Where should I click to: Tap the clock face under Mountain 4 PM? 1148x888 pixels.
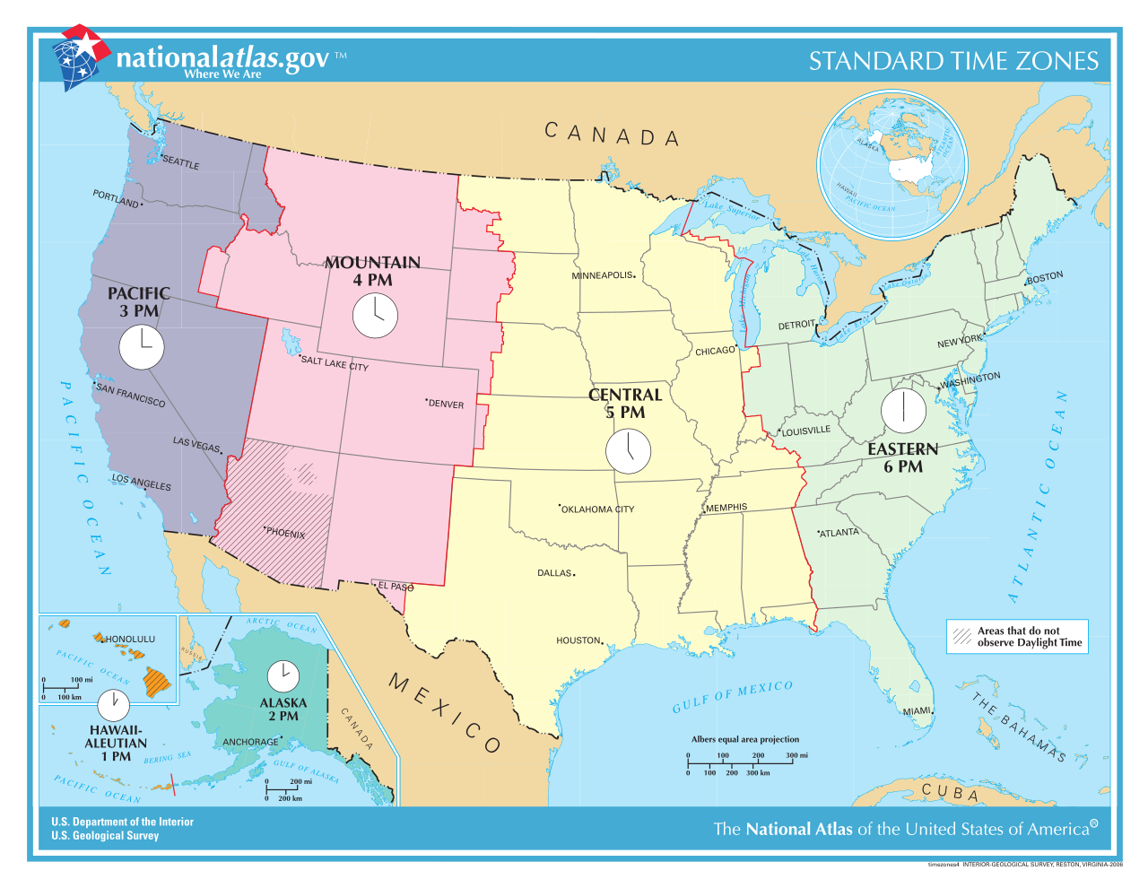374,315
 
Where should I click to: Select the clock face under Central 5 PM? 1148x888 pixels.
628,450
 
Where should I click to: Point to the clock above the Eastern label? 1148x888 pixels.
903,410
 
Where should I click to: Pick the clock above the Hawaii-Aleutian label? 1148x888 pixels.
114,705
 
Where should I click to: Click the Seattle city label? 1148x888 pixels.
180,162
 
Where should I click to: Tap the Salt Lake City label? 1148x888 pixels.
335,363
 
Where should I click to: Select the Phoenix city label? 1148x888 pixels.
285,533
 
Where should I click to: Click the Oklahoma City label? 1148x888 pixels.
597,509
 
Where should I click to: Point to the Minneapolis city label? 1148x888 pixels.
603,275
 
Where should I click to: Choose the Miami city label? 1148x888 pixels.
917,711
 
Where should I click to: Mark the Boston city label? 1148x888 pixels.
1045,277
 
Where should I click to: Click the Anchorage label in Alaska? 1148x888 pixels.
251,742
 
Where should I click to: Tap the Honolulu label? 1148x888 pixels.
130,640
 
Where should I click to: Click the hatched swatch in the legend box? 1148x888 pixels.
962,637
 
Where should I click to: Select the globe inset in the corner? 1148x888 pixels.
891,165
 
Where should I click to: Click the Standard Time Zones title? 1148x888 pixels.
953,61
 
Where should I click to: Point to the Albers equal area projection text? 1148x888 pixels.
744,739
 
